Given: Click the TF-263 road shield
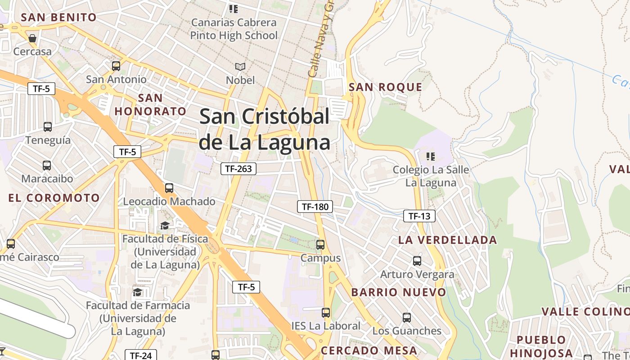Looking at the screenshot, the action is (x=238, y=169).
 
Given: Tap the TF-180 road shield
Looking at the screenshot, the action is (x=315, y=207).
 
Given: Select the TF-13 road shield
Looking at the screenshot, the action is (x=419, y=216).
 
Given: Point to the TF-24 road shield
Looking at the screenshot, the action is (x=141, y=355).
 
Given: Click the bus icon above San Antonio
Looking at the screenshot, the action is (x=116, y=66).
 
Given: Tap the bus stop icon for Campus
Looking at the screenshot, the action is (x=320, y=245).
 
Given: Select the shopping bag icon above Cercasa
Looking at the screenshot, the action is (x=32, y=38).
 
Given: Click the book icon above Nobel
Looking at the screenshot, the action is (x=241, y=67).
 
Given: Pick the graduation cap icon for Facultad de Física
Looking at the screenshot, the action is (x=165, y=225).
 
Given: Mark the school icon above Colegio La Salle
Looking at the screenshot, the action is (x=431, y=156).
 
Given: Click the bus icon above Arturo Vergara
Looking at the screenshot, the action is (x=417, y=261).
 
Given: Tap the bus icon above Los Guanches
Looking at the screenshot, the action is (x=407, y=318).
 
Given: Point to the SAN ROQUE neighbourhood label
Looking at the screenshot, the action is (x=386, y=87).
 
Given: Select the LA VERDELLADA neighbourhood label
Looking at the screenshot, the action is (x=447, y=240).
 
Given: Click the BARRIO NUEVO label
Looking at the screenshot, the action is (x=399, y=292).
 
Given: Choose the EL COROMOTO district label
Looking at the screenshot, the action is (x=54, y=198).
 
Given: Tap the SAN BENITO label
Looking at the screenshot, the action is (x=59, y=18).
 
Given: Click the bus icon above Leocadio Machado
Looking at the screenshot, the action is (x=169, y=188).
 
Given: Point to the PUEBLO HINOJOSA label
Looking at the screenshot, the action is (x=541, y=346).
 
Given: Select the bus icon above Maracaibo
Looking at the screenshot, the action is (x=47, y=166).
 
